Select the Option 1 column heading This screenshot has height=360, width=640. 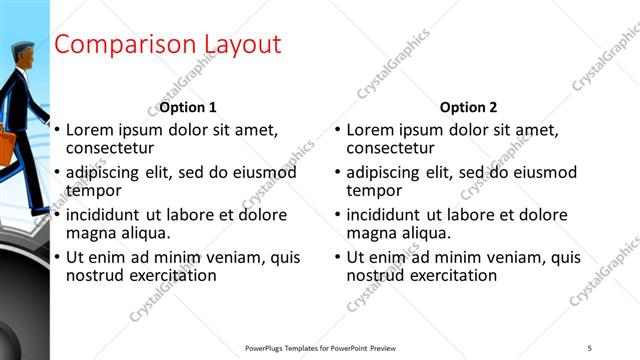pyautogui.click(x=188, y=107)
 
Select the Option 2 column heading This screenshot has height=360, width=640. pyautogui.click(x=468, y=107)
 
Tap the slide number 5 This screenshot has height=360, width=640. pyautogui.click(x=590, y=347)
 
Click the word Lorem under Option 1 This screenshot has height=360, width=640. pyautogui.click(x=90, y=130)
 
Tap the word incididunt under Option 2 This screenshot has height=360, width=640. pyautogui.click(x=384, y=215)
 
